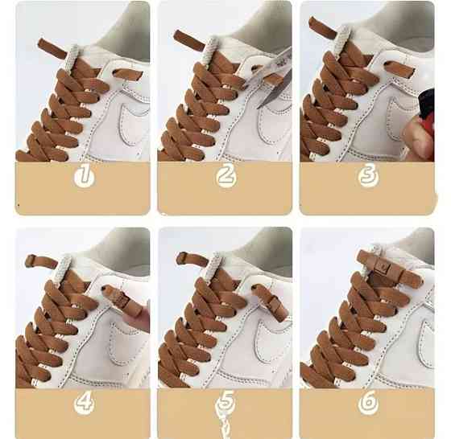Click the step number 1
coord(84,174)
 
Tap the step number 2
coord(225,174)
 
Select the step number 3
coord(369,174)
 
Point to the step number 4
coord(84,402)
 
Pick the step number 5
coord(225,402)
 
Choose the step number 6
coord(368,402)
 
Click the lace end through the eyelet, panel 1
coord(127,74)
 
